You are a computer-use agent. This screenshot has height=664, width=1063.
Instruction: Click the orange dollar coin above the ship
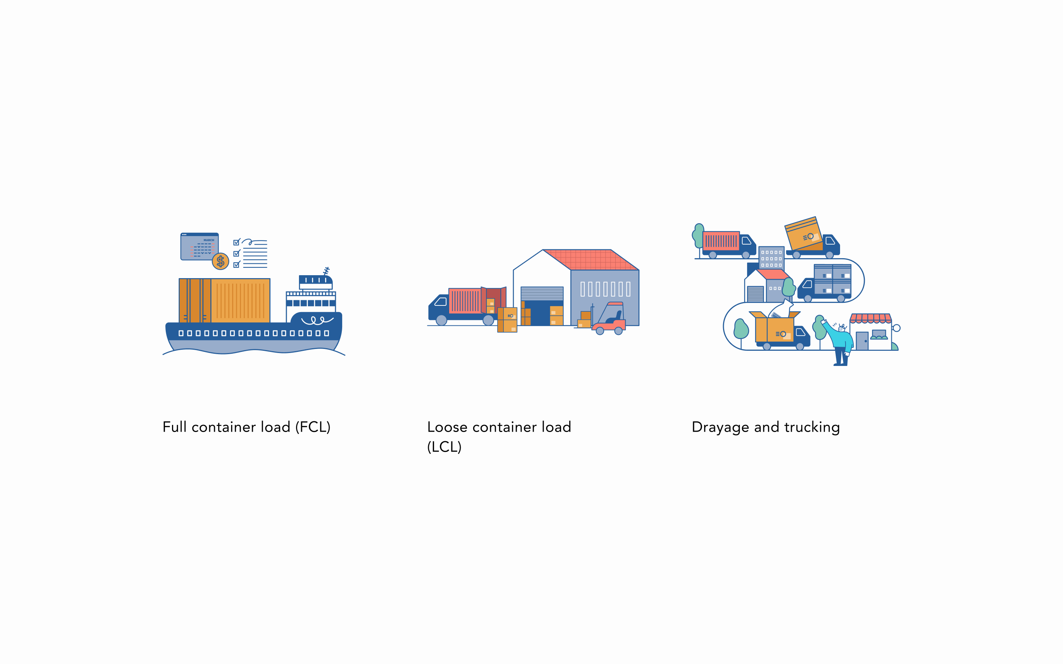(220, 261)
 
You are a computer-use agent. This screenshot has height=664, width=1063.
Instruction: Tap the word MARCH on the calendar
(209, 240)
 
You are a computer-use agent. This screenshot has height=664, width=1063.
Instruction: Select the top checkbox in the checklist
(236, 242)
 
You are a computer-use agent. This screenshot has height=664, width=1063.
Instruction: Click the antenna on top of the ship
(326, 271)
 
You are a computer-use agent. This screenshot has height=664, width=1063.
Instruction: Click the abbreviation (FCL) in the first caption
(313, 427)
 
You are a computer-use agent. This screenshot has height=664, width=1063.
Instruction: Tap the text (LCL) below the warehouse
(444, 447)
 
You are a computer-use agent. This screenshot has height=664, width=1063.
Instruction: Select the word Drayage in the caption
(720, 427)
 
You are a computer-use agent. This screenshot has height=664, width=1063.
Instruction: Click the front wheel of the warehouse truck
(441, 320)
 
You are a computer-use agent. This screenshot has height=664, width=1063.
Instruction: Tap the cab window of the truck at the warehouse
(441, 302)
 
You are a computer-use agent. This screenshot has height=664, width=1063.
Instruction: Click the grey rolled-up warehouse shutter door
(541, 293)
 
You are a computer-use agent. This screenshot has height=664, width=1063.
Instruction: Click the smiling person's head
(842, 328)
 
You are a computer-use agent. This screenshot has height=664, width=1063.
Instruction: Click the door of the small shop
(862, 341)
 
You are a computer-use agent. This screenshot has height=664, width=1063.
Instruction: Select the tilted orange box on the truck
(804, 234)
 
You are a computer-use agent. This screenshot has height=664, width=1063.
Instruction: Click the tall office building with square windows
(771, 258)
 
